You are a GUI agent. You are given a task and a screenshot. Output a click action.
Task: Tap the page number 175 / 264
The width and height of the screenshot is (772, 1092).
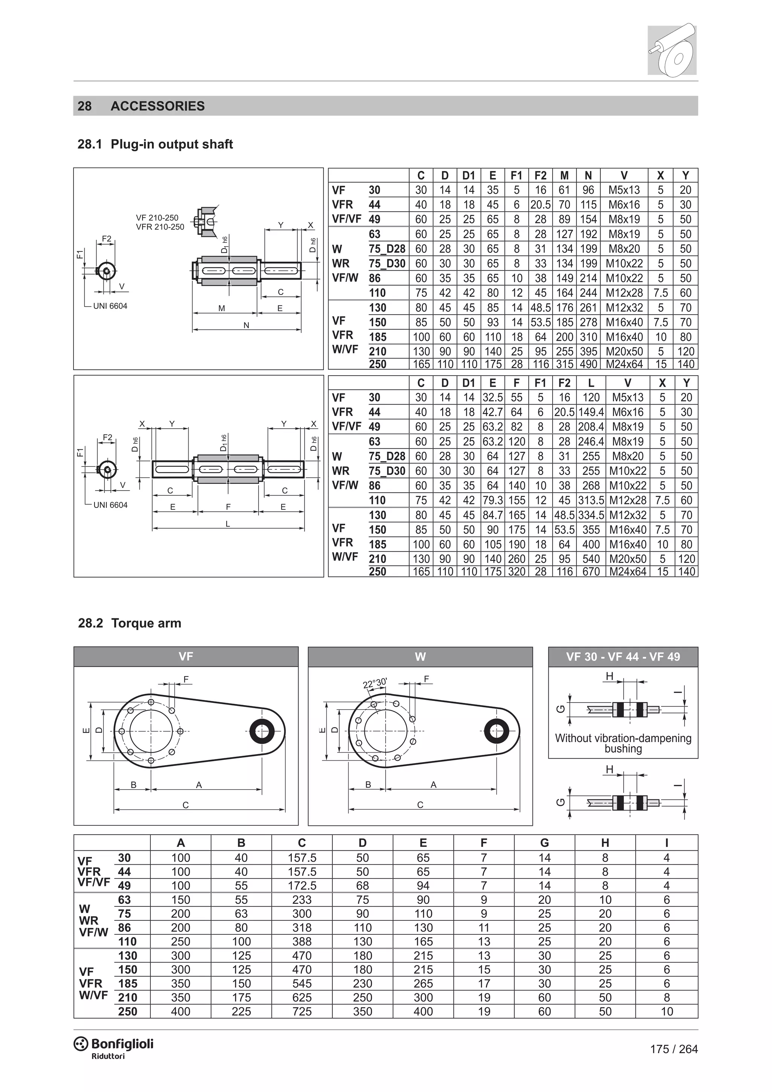click(674, 1049)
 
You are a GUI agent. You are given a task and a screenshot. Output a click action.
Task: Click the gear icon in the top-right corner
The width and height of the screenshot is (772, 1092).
click(672, 49)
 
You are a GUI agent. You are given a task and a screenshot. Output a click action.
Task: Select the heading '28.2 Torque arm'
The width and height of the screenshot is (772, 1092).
click(129, 623)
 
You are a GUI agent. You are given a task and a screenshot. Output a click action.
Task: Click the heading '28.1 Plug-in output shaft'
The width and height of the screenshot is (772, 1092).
click(155, 144)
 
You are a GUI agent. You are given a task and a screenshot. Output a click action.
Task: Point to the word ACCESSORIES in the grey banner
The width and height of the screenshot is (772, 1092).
click(157, 106)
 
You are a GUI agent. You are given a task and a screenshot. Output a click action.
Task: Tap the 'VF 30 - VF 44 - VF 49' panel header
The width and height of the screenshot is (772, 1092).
click(623, 657)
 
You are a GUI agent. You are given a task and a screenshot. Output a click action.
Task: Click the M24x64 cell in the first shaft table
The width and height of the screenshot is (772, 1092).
click(624, 364)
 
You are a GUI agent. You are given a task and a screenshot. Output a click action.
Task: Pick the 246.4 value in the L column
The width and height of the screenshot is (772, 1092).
click(591, 442)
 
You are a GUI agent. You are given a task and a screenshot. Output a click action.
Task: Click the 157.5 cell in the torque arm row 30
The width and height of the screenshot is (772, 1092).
click(302, 857)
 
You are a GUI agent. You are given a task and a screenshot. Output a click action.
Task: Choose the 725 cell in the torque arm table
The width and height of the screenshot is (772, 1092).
click(302, 1012)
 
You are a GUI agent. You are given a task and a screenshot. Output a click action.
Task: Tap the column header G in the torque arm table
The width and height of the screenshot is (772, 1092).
click(544, 843)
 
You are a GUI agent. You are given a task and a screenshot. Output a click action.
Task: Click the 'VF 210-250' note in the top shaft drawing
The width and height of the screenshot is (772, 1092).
click(157, 218)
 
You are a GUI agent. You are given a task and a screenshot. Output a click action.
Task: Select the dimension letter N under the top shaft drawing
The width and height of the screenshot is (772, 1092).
click(246, 325)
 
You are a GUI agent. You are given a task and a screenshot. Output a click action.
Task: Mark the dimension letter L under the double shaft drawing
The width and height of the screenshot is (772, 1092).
click(228, 524)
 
